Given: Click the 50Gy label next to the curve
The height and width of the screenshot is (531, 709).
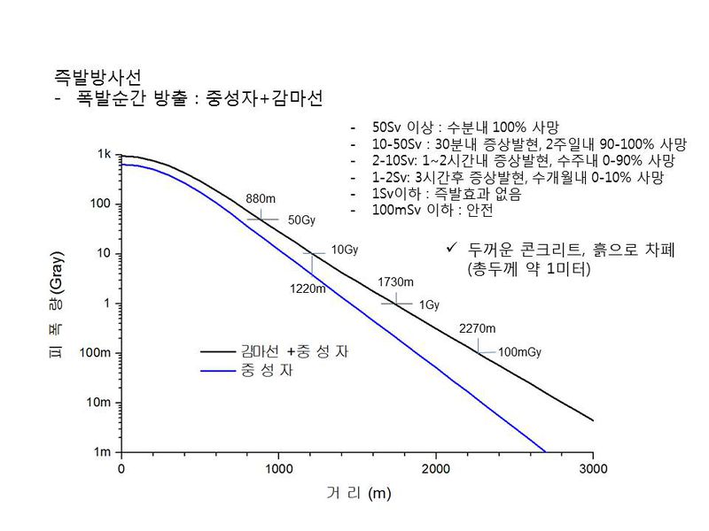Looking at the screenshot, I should pos(302,219).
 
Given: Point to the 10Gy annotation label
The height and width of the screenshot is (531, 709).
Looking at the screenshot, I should pos(344,250).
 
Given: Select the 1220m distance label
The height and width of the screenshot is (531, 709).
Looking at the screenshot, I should pos(308,289).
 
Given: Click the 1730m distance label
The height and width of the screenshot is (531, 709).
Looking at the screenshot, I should pos(395,281).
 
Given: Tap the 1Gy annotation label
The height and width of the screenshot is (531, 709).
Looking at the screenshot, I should pos(430,304).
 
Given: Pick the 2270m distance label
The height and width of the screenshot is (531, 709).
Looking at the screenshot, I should pos(476,328).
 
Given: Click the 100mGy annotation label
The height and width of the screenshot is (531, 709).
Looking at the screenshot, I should pos(519,352).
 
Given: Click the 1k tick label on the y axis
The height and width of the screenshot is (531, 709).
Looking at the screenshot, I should pos(104,155).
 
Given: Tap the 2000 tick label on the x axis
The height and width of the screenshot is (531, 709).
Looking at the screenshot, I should pos(435,467).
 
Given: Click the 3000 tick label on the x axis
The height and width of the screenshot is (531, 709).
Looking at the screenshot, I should pos(592,467).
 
